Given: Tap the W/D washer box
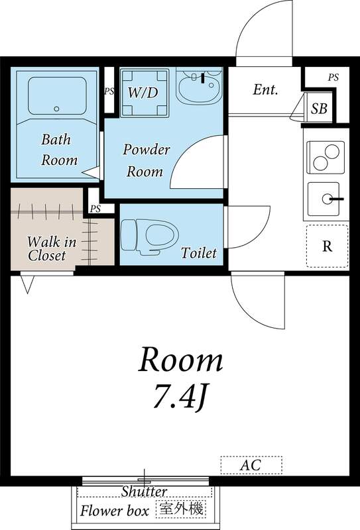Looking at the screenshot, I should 143,93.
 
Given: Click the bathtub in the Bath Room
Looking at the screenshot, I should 56,95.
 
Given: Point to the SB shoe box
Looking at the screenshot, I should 319,109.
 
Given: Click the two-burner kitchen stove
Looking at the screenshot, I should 324,158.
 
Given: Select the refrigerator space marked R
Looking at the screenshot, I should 327,246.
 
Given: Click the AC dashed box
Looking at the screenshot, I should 251,465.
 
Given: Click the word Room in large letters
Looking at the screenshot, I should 180,361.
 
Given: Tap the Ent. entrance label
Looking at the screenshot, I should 265,89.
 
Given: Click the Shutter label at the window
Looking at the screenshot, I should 144,492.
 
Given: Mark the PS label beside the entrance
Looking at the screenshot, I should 333,78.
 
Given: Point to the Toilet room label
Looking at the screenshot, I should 198,252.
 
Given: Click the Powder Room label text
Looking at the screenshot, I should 146,160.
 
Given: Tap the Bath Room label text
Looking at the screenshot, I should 59,150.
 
